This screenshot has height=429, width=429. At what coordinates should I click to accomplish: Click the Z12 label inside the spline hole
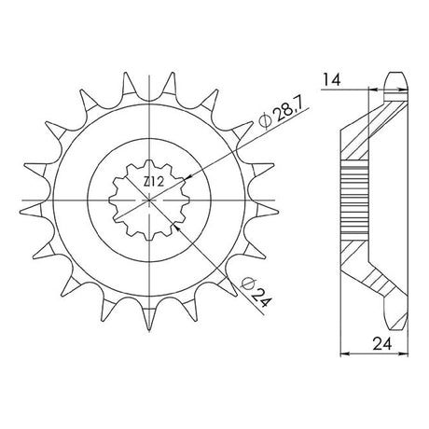coord(153,182)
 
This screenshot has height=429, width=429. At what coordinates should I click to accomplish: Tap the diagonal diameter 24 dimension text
coord(260,297)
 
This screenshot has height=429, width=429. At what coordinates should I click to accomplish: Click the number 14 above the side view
coord(332,80)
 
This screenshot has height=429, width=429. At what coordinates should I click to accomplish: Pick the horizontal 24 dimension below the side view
coord(382,344)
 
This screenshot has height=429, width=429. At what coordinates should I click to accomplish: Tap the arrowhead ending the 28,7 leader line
coord(188,178)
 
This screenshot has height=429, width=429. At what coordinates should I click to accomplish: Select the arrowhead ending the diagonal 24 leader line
coord(176,228)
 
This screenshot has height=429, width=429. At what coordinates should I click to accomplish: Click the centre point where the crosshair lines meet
coord(149,201)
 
